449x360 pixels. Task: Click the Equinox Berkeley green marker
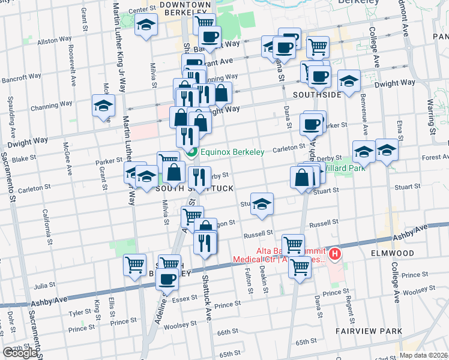(x=192, y=152)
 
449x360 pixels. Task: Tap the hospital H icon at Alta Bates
(x=335, y=254)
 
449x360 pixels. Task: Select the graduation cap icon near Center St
(x=145, y=25)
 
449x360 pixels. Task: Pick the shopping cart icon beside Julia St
(x=134, y=263)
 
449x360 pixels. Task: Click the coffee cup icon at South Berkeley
(x=168, y=279)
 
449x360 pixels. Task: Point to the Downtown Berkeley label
(x=185, y=8)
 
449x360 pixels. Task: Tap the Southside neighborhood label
(x=317, y=95)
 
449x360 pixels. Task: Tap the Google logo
(x=20, y=353)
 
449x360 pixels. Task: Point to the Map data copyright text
(x=423, y=355)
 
